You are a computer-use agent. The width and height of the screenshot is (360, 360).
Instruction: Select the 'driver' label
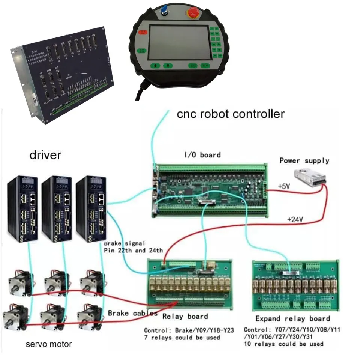point(45,154)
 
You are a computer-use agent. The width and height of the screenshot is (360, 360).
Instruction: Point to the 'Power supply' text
point(304,160)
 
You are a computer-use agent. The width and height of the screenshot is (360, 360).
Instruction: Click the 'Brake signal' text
point(124,243)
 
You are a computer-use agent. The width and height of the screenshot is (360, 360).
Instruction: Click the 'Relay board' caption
point(185,316)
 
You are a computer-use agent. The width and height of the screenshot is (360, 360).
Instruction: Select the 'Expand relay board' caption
point(292,318)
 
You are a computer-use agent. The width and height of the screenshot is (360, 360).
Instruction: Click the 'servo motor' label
point(49,344)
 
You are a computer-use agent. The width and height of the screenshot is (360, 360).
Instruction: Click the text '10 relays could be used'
point(283,343)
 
